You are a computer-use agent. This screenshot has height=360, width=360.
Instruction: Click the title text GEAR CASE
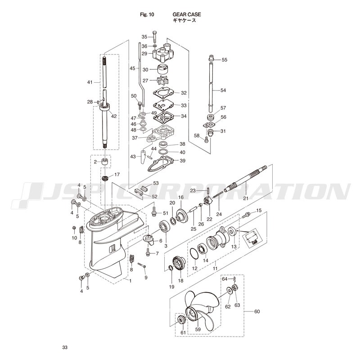click(187, 14)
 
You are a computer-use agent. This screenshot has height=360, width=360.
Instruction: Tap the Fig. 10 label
click(147, 15)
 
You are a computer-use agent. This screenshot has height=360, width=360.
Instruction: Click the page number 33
click(65, 347)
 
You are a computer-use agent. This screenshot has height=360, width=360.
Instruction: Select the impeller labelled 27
click(162, 81)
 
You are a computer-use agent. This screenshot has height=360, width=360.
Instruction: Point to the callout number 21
click(246, 198)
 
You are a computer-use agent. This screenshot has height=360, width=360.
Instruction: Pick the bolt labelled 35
click(154, 36)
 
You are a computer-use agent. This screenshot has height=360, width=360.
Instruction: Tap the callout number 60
click(257, 311)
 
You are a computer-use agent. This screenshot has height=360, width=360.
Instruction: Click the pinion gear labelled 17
click(105, 178)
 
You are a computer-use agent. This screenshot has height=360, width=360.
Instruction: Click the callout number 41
click(90, 82)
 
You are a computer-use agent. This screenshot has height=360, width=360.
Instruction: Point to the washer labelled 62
click(229, 290)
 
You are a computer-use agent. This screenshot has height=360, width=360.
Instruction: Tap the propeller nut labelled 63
click(234, 287)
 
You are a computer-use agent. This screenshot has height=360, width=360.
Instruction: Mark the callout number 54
click(223, 90)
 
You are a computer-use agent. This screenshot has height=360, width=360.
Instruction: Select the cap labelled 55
click(211, 58)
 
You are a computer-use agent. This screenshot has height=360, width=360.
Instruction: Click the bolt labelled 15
click(246, 215)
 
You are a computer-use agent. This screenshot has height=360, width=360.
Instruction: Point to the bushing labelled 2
click(105, 162)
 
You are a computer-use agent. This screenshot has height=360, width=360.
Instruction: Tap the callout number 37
click(135, 138)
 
